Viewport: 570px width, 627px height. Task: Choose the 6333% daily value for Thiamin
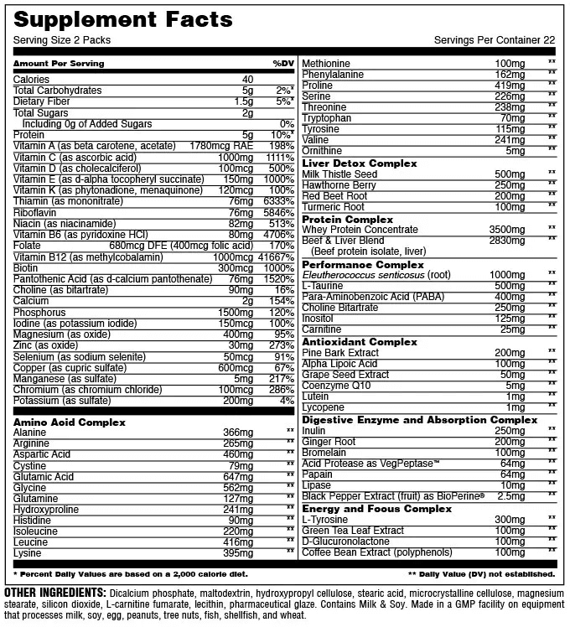tap(277, 202)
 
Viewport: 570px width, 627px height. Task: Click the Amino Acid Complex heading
tap(70, 422)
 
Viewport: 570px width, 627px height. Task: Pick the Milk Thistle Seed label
tap(339, 174)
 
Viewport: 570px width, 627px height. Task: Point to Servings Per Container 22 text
tap(495, 40)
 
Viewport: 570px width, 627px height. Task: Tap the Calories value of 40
tap(246, 80)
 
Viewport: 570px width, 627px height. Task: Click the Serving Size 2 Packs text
tap(62, 40)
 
